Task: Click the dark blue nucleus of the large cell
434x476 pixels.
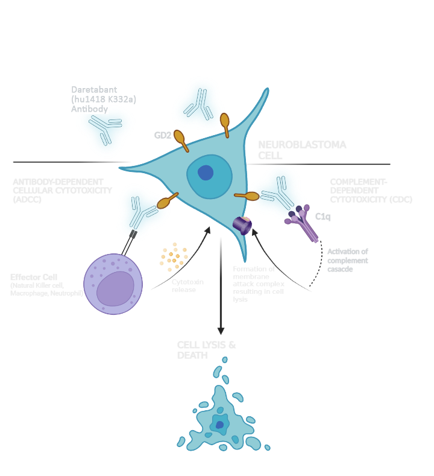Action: pos(206,173)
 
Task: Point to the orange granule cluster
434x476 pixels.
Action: pos(174,257)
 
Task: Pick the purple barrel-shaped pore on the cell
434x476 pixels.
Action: pos(243,225)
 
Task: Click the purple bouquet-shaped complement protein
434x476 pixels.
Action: pos(300,221)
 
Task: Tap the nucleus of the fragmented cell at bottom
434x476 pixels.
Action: pos(220,425)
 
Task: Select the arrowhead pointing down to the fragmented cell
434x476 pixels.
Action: pos(221,334)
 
